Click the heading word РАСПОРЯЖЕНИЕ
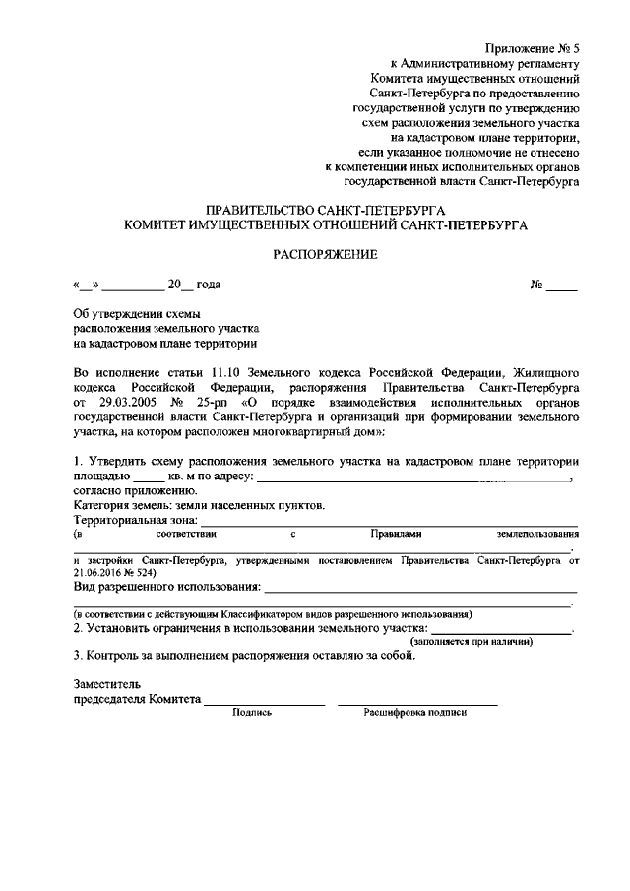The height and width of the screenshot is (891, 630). (324, 255)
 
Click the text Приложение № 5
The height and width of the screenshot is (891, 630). (533, 49)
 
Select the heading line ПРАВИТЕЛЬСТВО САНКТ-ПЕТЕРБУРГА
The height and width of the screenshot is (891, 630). (325, 211)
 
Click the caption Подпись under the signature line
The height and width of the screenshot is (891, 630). (251, 712)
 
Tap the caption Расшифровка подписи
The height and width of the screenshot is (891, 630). (415, 712)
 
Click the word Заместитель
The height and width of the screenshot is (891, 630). (107, 682)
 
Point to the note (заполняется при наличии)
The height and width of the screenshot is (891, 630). (472, 641)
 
